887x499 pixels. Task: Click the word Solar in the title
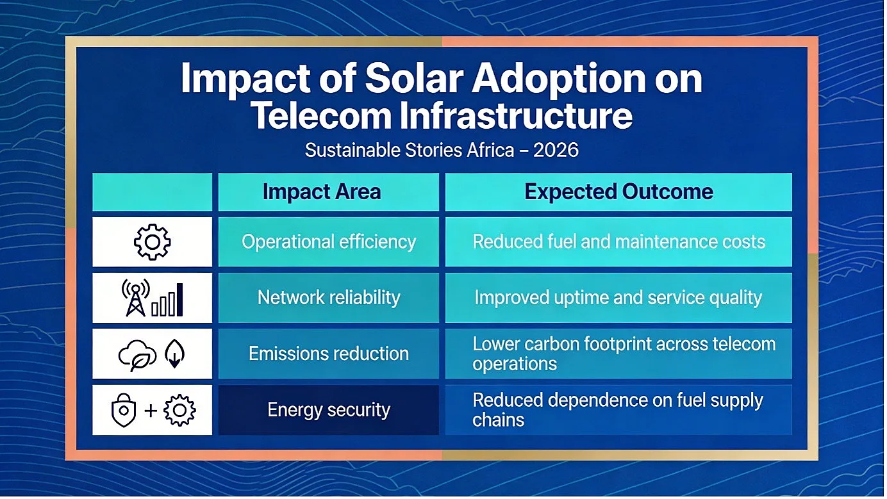pyautogui.click(x=413, y=79)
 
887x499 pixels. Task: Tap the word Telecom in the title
pyautogui.click(x=321, y=116)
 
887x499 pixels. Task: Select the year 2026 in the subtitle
pyautogui.click(x=556, y=151)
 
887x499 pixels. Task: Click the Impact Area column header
pyautogui.click(x=322, y=192)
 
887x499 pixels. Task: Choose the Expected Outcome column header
pyautogui.click(x=619, y=192)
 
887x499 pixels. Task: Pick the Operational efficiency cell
pyautogui.click(x=329, y=241)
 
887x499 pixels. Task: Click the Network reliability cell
pyautogui.click(x=329, y=298)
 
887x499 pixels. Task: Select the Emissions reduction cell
pyautogui.click(x=329, y=354)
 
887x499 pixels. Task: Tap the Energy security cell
pyautogui.click(x=329, y=410)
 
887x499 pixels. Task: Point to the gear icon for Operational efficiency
pyautogui.click(x=152, y=241)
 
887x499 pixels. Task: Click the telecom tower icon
pyautogui.click(x=135, y=298)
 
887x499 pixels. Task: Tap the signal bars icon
pyautogui.click(x=167, y=300)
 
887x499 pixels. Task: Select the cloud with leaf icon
pyautogui.click(x=137, y=355)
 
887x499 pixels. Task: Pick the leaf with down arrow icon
pyautogui.click(x=174, y=354)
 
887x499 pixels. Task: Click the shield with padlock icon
pyautogui.click(x=124, y=410)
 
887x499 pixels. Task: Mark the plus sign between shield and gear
pyautogui.click(x=151, y=411)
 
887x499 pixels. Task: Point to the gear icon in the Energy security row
pyautogui.click(x=179, y=411)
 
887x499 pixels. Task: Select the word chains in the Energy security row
pyautogui.click(x=498, y=420)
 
